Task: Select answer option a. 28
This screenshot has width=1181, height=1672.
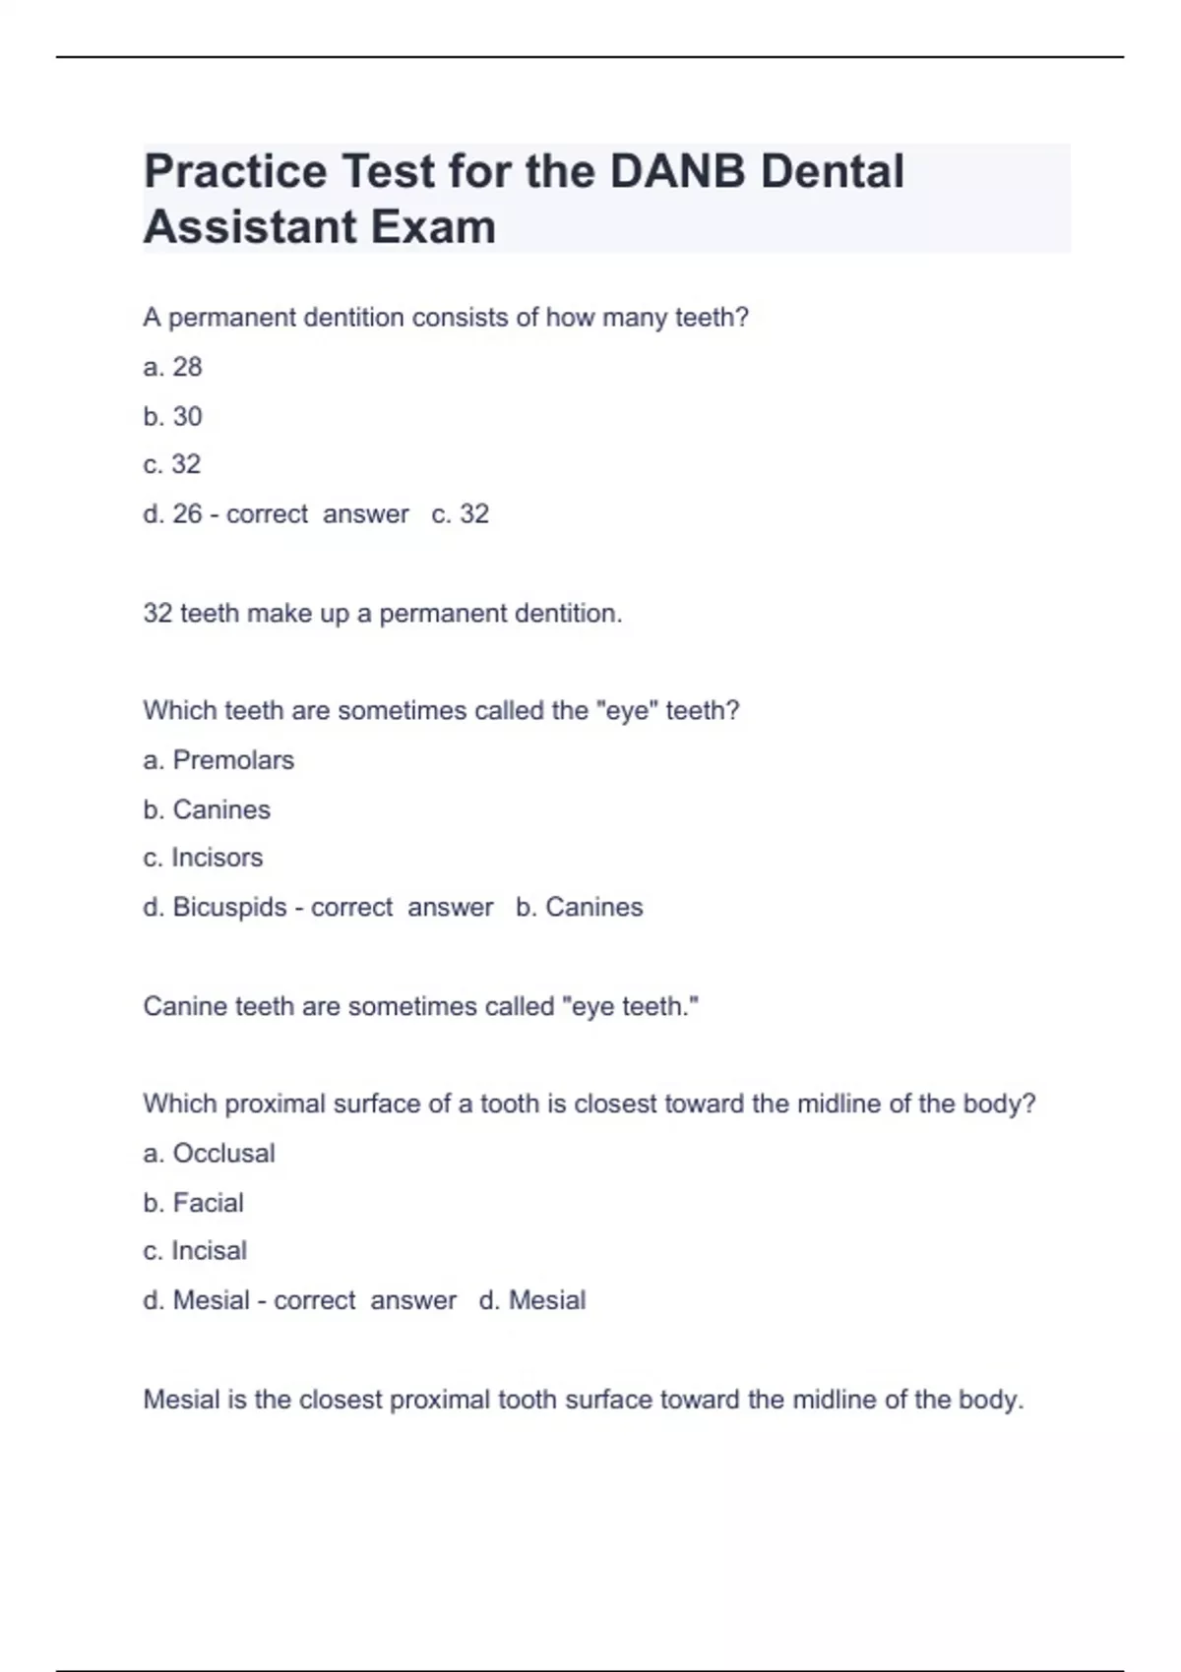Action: point(172,367)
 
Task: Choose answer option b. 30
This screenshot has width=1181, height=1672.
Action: point(172,416)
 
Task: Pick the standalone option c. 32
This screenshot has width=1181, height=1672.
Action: point(172,464)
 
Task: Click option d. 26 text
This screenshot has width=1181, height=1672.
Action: point(172,513)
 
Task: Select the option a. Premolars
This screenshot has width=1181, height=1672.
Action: point(218,760)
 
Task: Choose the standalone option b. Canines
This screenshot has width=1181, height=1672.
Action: point(207,809)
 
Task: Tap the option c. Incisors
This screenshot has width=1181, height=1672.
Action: point(203,858)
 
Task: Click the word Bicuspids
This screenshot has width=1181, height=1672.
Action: point(229,907)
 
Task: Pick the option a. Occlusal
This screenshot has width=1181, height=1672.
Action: point(209,1153)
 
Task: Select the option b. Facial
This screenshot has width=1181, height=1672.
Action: point(193,1203)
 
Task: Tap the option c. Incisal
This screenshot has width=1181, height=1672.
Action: point(195,1251)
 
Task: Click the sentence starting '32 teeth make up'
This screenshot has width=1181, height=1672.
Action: point(383,614)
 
